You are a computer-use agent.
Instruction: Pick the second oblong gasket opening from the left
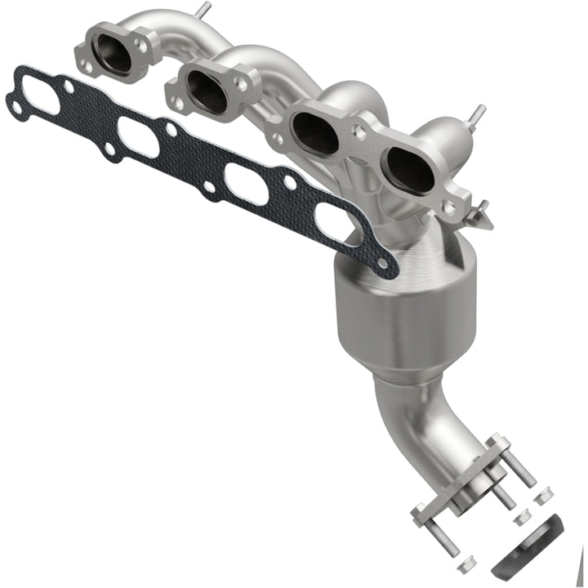click(138, 136)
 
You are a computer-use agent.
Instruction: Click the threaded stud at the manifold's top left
click(202, 11)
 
